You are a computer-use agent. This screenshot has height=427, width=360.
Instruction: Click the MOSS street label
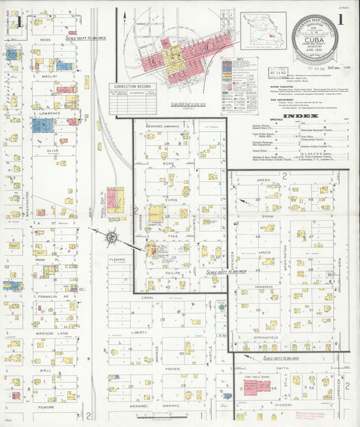(x=46, y=40)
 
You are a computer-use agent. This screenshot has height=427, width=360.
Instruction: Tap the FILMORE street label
(x=46, y=407)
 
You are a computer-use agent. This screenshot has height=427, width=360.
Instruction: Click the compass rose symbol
(x=111, y=236)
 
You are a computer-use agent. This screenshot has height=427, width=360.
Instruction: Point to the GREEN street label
(x=263, y=180)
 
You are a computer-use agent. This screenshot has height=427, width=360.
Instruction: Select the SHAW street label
(x=266, y=217)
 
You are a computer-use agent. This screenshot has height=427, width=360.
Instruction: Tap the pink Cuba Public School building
(x=252, y=388)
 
